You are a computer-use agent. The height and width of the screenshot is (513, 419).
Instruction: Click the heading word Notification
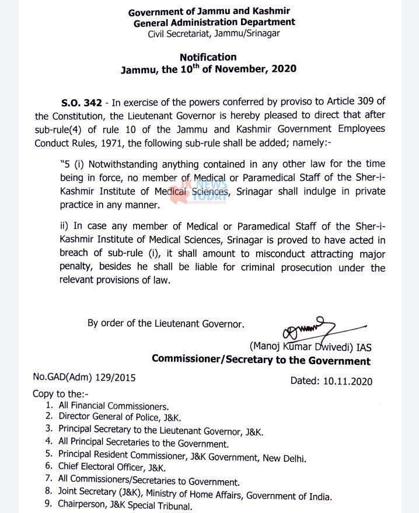(208, 57)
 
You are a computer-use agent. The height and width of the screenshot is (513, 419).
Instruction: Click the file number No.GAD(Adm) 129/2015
(84, 378)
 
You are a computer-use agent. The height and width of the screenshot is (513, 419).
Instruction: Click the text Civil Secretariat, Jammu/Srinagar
(214, 33)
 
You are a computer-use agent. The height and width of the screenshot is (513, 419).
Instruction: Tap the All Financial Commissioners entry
(114, 406)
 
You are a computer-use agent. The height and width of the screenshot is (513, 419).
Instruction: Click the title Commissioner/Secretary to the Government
(261, 360)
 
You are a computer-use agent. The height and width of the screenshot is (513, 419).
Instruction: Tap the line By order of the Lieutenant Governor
(166, 323)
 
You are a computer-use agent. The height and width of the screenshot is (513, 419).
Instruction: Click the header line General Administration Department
(214, 22)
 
